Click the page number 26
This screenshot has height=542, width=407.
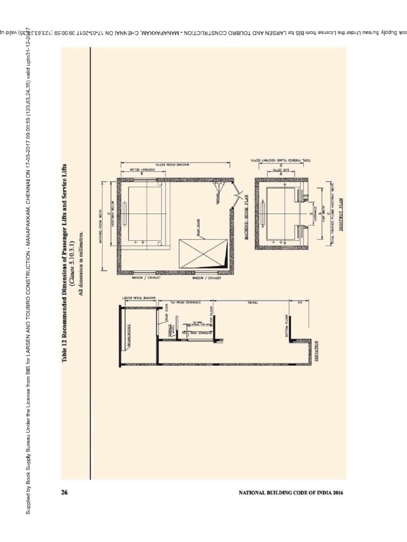(65, 493)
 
